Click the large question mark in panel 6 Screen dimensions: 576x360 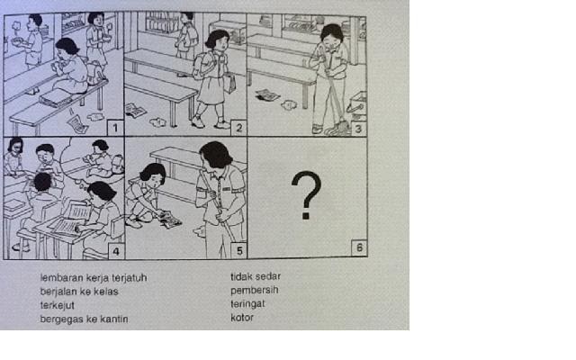(306, 195)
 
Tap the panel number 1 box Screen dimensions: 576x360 (115, 128)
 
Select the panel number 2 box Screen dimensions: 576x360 (238, 128)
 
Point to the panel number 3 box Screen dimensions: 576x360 (358, 128)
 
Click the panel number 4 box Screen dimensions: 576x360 (116, 251)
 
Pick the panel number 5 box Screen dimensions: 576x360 (239, 250)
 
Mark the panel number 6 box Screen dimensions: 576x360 (359, 248)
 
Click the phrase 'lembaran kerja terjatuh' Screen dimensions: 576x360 (94, 278)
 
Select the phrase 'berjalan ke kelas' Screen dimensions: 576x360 (79, 292)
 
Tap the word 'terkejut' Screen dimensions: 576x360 (58, 305)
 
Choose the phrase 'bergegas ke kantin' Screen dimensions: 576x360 (84, 319)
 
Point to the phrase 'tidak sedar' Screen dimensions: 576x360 (256, 276)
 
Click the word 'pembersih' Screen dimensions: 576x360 (254, 290)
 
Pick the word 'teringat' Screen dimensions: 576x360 (247, 304)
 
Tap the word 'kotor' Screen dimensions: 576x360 (242, 318)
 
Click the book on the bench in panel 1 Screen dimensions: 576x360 (55, 98)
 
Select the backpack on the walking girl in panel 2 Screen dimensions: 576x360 (202, 66)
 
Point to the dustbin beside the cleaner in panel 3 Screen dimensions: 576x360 (357, 105)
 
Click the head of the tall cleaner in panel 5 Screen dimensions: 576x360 (216, 154)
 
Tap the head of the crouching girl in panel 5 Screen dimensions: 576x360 (152, 174)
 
